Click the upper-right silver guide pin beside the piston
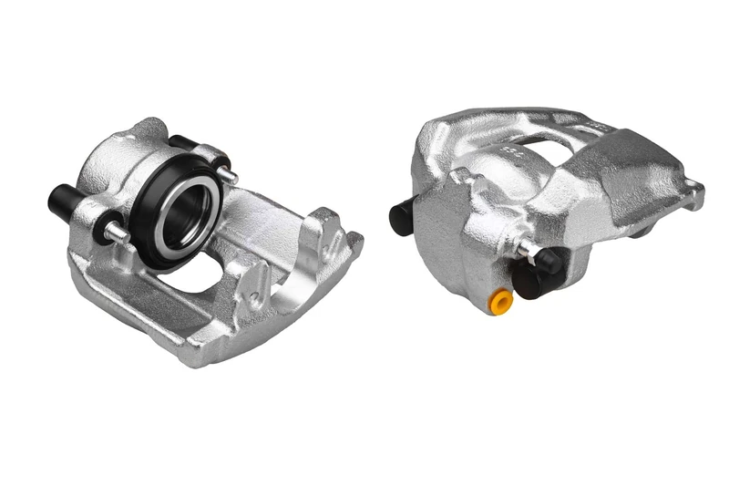click(228, 174)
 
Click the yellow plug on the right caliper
click(499, 301)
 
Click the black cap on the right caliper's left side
click(401, 217)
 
